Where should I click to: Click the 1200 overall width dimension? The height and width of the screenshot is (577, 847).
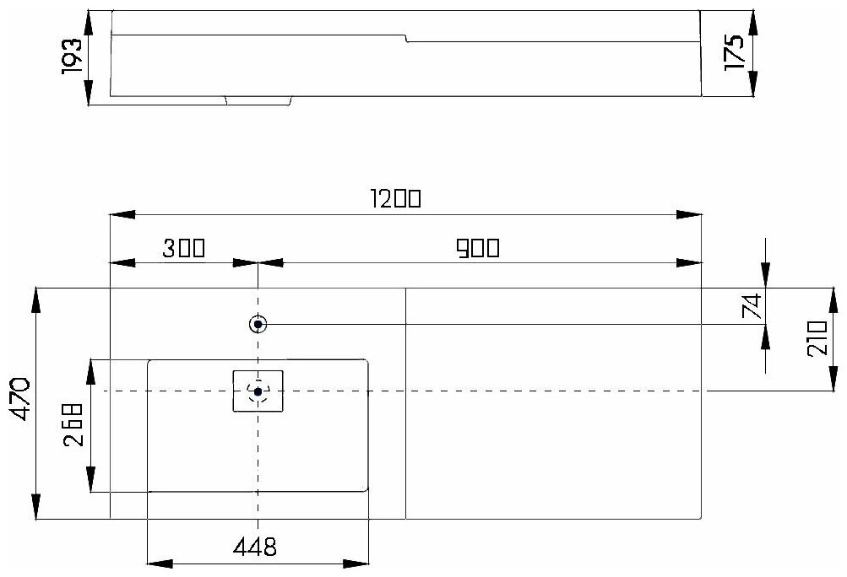click(x=395, y=199)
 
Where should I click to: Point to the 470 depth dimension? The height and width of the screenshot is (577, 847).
click(x=20, y=401)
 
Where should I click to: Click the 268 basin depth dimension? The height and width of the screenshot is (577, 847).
click(x=73, y=426)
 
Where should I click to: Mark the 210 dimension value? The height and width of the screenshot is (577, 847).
click(x=817, y=339)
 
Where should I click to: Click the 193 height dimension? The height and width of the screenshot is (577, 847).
click(x=72, y=57)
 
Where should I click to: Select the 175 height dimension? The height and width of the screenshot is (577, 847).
click(x=735, y=52)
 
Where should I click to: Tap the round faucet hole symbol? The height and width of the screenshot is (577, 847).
click(x=258, y=324)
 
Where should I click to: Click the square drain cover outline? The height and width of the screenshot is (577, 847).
click(x=258, y=391)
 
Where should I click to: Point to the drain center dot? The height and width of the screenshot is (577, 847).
click(x=258, y=391)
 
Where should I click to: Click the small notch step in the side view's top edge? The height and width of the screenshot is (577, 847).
click(x=406, y=38)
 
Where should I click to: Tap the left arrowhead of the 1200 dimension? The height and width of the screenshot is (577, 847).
click(x=118, y=215)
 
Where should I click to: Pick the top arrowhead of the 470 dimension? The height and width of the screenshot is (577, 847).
click(x=36, y=294)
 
